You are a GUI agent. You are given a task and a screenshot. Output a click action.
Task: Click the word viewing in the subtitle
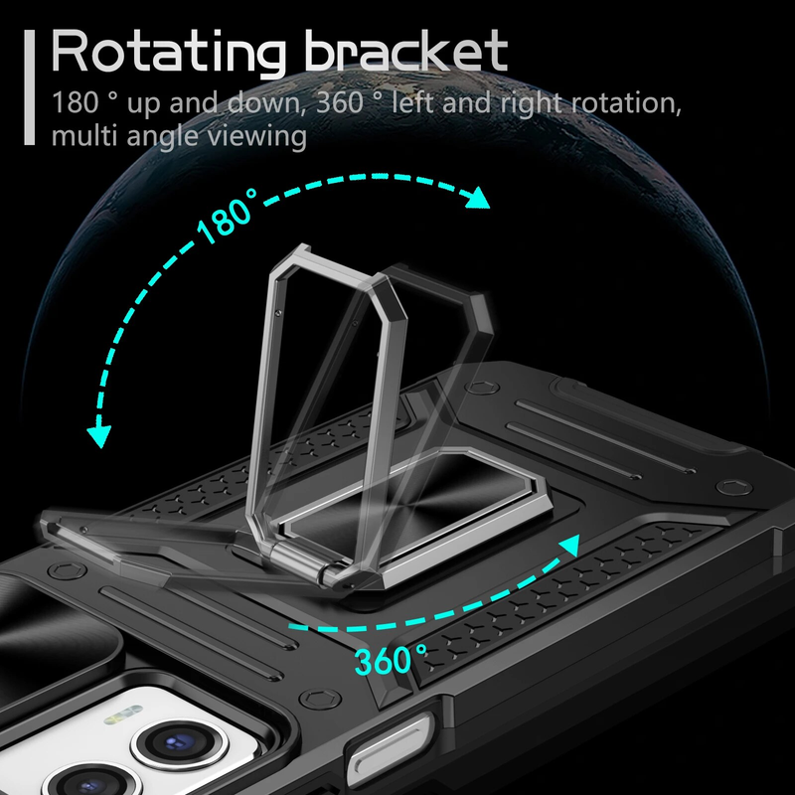254,136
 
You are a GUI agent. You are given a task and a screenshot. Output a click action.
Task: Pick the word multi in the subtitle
80,136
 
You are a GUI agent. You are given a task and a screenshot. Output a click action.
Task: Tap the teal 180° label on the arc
228,221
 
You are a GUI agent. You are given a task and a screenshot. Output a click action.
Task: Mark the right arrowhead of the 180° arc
479,199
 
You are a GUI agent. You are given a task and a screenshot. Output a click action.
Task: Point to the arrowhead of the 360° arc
569,546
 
